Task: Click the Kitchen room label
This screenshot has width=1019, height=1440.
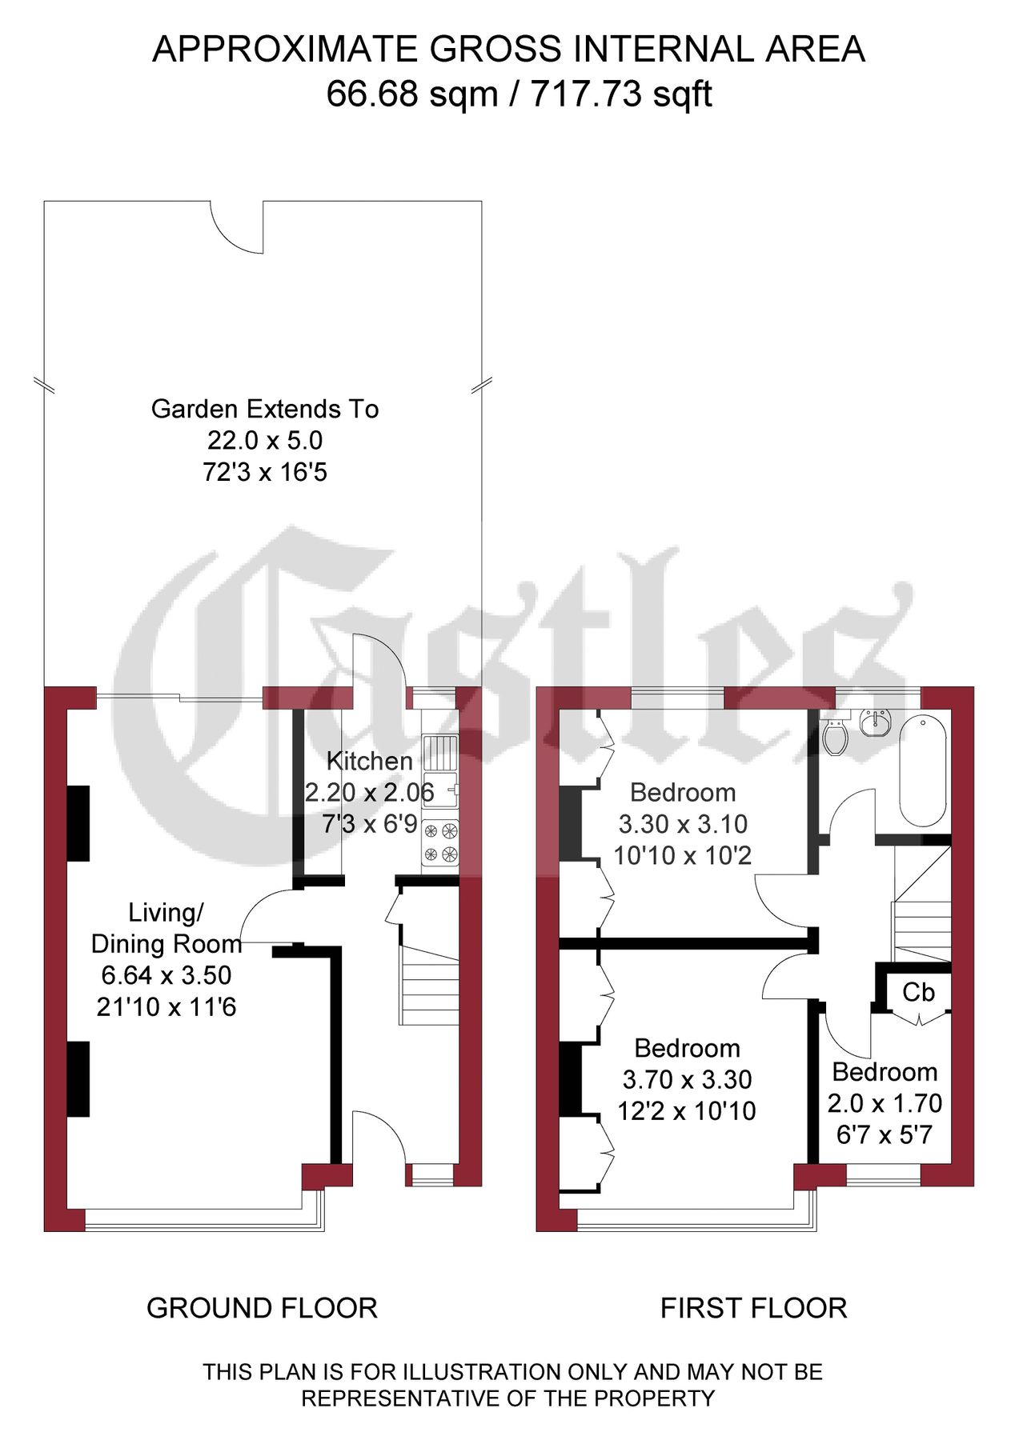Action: click(369, 761)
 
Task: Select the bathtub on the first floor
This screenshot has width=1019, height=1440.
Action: click(924, 770)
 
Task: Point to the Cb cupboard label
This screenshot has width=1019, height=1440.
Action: click(918, 993)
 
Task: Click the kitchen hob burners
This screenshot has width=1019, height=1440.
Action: click(441, 842)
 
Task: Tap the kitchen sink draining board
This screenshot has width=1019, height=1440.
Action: click(441, 752)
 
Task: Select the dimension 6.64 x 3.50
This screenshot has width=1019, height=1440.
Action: click(166, 975)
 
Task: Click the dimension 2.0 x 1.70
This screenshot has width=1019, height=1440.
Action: click(885, 1103)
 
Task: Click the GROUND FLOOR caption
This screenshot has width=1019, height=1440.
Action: click(262, 1308)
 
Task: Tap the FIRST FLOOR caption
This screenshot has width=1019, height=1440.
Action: click(753, 1308)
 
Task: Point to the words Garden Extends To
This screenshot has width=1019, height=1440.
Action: click(265, 409)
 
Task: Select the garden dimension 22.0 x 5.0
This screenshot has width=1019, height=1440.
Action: click(265, 440)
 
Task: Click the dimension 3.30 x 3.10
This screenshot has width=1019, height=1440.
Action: click(683, 824)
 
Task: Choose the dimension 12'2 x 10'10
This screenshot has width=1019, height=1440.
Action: click(686, 1110)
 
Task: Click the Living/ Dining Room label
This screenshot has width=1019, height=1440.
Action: click(166, 928)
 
